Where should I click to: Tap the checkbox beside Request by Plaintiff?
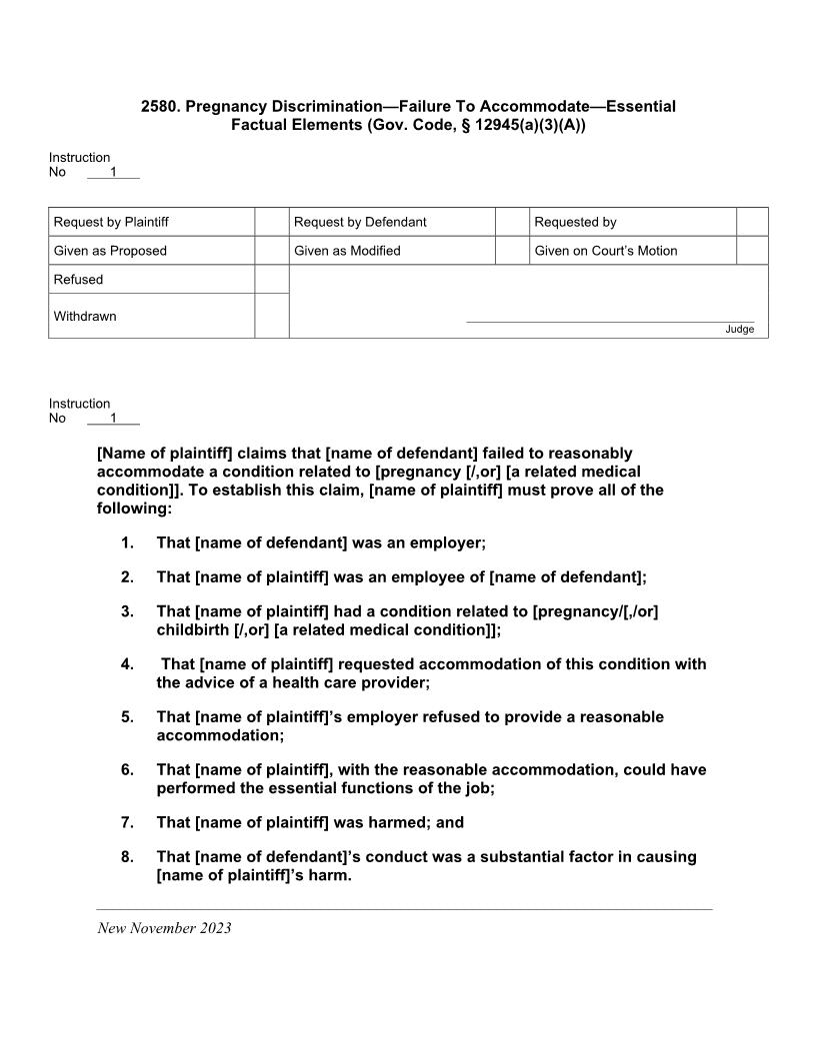272,222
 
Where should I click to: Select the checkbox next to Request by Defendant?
512,222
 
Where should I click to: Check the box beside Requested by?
752,222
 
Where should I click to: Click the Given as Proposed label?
110,251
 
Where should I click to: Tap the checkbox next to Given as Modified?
512,251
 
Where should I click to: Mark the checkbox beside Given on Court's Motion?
752,251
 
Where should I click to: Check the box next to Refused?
272,280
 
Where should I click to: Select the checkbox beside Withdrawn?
272,316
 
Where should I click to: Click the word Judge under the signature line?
740,330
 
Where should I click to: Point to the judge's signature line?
610,322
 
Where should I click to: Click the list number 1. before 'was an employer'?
127,542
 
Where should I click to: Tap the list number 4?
127,664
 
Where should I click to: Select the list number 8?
127,857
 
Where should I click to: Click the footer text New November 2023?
164,928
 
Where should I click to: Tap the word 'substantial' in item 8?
507,857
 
